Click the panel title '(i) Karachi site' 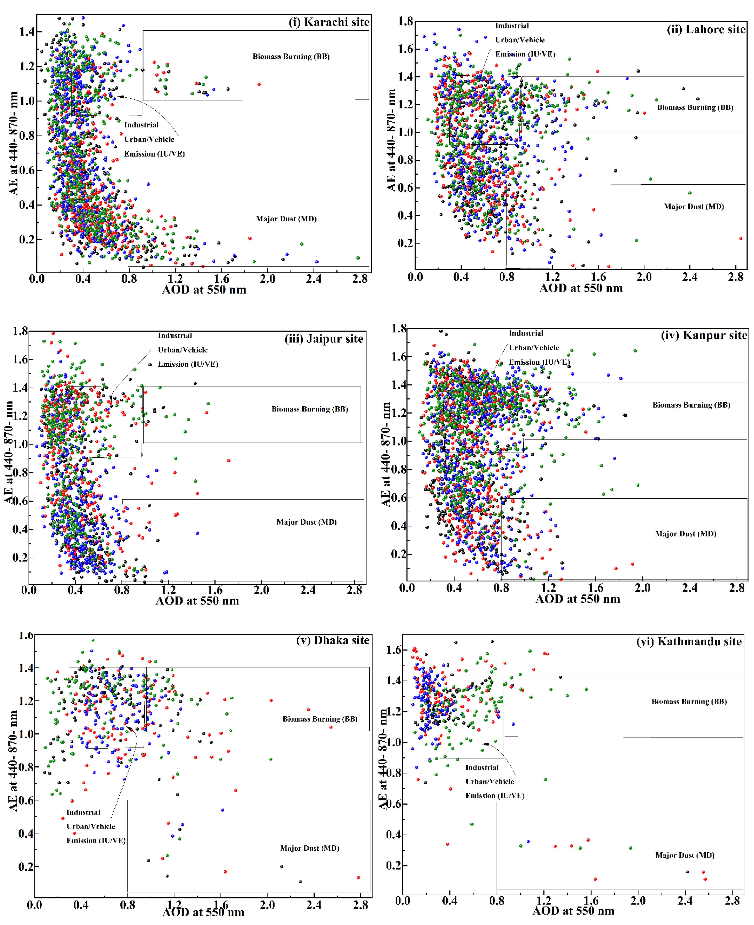(x=329, y=22)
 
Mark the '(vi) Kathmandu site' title (x=689, y=642)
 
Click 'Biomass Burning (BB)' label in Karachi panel (x=291, y=56)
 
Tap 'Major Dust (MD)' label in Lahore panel (x=694, y=207)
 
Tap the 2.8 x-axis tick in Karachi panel (x=360, y=279)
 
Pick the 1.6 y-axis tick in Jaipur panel (x=20, y=359)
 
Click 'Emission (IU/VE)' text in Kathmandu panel (x=495, y=796)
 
